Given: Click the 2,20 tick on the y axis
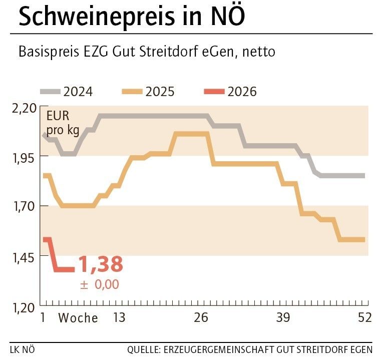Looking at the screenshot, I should (24, 107).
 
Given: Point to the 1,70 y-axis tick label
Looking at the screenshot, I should (24, 206).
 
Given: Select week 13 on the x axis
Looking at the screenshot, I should (119, 317).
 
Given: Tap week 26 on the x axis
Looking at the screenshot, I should (201, 317).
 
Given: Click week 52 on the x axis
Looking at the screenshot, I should (364, 317).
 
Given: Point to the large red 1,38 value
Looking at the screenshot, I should (100, 264).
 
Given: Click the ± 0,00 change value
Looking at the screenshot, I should (100, 284).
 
